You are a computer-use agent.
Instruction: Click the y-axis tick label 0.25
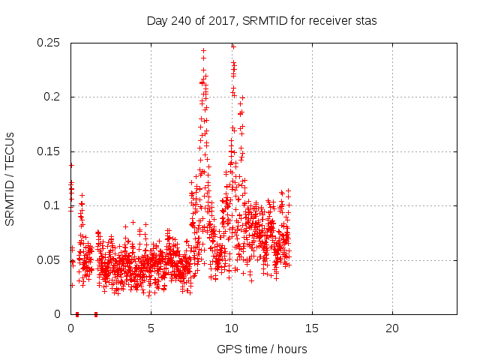coord(49,43)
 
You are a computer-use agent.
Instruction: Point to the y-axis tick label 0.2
coord(52,97)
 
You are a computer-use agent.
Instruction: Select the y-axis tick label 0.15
coord(49,151)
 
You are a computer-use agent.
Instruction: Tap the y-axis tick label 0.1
coord(52,205)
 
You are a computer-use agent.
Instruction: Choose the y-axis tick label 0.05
coord(49,260)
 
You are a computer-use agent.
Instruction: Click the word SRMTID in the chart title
coord(257,21)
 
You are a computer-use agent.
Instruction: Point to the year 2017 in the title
coord(219,21)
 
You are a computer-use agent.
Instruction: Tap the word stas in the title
coord(367,21)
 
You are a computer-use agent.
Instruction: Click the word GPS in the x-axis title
coord(227,349)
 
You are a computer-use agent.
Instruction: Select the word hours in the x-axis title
coord(292,349)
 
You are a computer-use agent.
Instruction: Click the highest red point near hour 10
coord(233,46)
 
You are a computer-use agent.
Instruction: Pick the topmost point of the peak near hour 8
coord(203,50)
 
